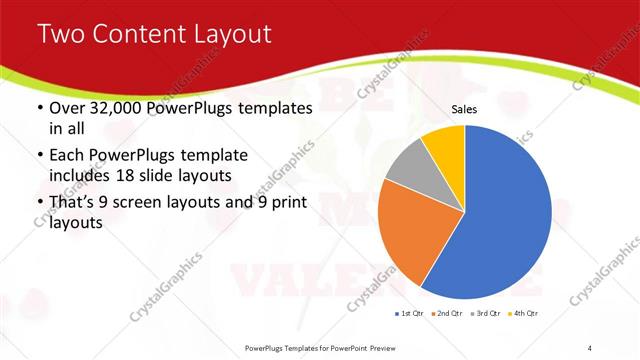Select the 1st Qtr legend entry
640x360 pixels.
410,314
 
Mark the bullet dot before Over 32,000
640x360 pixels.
39,108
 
